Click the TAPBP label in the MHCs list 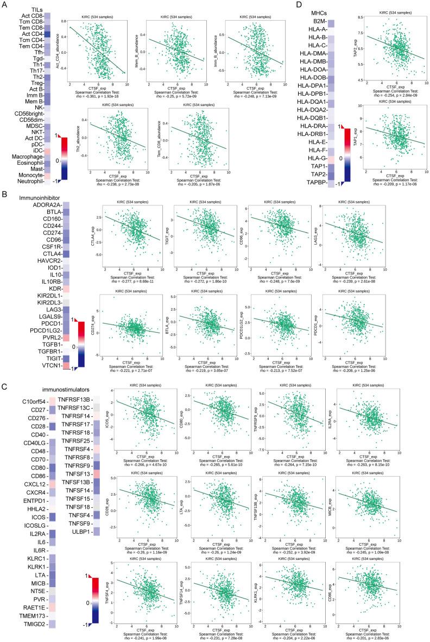pyautogui.click(x=316, y=184)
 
